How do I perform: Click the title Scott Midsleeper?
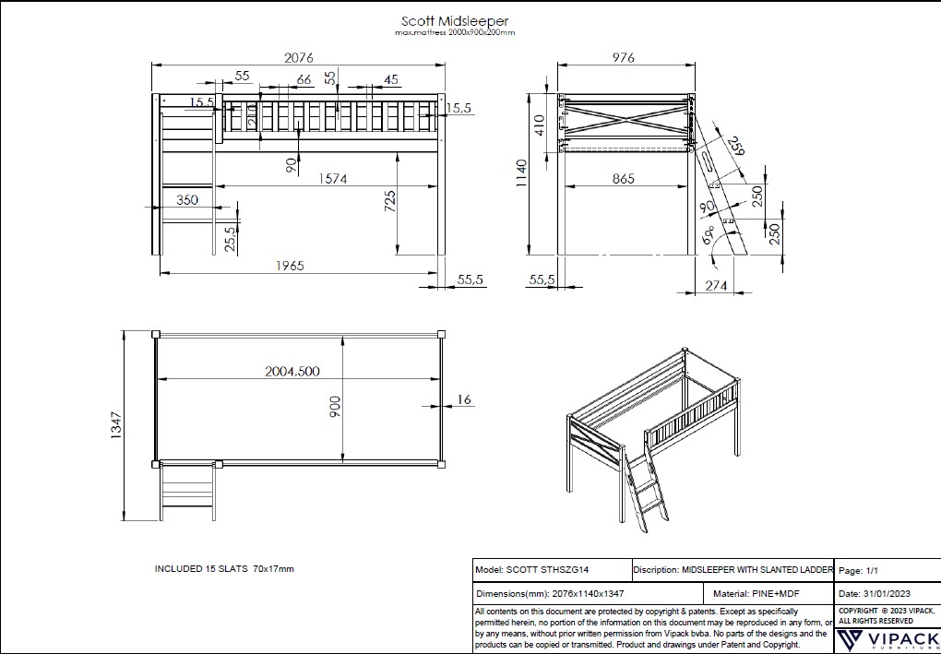pos(455,20)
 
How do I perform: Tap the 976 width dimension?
pos(624,57)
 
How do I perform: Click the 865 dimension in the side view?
pos(624,179)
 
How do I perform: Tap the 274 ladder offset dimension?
pos(716,286)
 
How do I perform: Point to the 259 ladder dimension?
pos(734,145)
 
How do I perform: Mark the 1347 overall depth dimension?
pos(117,426)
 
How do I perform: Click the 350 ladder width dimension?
pos(187,199)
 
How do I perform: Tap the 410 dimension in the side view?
pos(541,124)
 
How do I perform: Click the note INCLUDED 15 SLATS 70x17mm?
pos(224,569)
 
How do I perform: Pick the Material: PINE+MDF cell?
pos(768,594)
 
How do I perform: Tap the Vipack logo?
pos(887,640)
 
